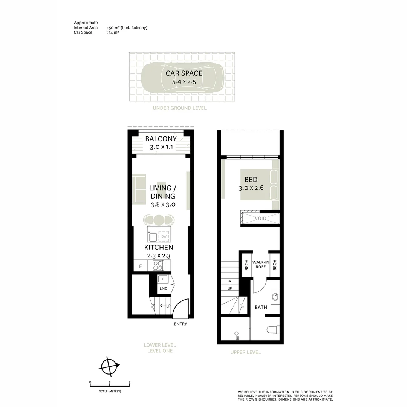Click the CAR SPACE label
(184, 73)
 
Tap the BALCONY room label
(161, 139)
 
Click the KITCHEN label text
(159, 248)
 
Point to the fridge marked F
(141, 266)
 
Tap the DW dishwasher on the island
(164, 236)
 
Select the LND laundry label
(163, 289)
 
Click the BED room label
(251, 180)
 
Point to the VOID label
(260, 219)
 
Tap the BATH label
(260, 307)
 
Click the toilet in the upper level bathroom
(273, 330)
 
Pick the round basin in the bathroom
(275, 296)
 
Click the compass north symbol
(109, 366)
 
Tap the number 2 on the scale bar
(129, 382)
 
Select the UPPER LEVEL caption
(245, 352)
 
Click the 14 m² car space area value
(114, 32)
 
